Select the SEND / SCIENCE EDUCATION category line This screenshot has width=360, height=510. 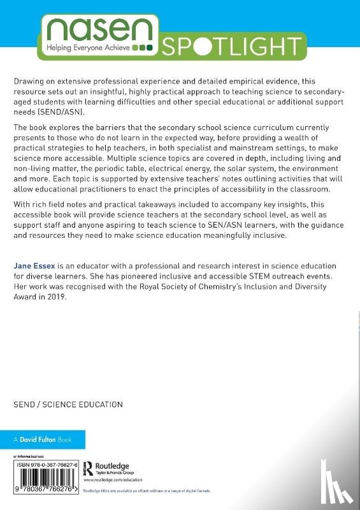[x=68, y=405]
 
